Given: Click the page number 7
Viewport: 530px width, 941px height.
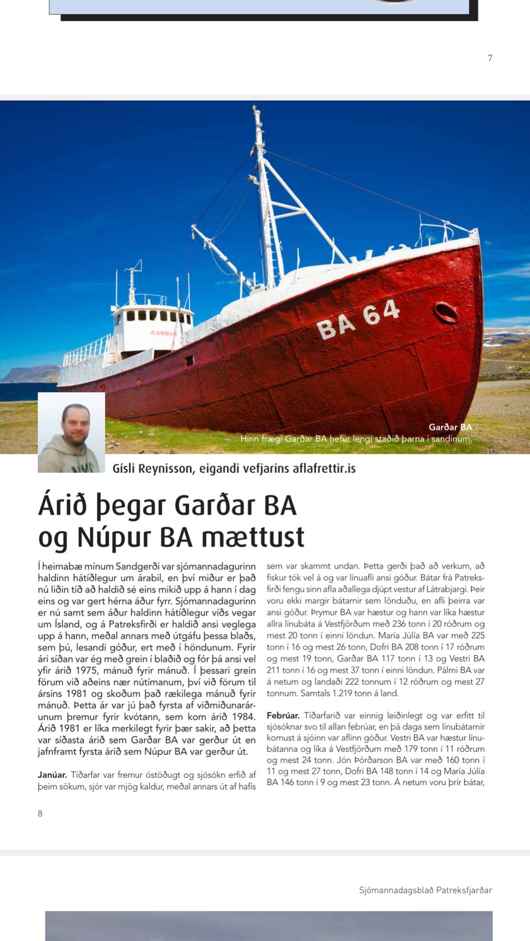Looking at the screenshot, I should coord(490,58).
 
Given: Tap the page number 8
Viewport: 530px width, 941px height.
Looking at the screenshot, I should coord(40,813).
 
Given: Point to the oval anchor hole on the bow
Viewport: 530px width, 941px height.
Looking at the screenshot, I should coord(445,312).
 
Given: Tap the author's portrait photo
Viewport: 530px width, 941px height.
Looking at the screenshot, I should coord(72,432).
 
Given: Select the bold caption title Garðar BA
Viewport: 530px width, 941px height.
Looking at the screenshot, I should coord(450,427).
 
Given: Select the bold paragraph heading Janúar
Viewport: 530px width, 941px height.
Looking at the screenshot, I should coord(52,775).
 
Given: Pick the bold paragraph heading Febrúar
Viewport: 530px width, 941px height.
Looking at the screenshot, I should coord(283,715).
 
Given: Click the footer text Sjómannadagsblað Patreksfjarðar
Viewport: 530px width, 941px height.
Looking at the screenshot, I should coord(425,890).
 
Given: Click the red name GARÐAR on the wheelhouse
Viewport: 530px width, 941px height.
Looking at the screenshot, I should coord(163,333).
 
